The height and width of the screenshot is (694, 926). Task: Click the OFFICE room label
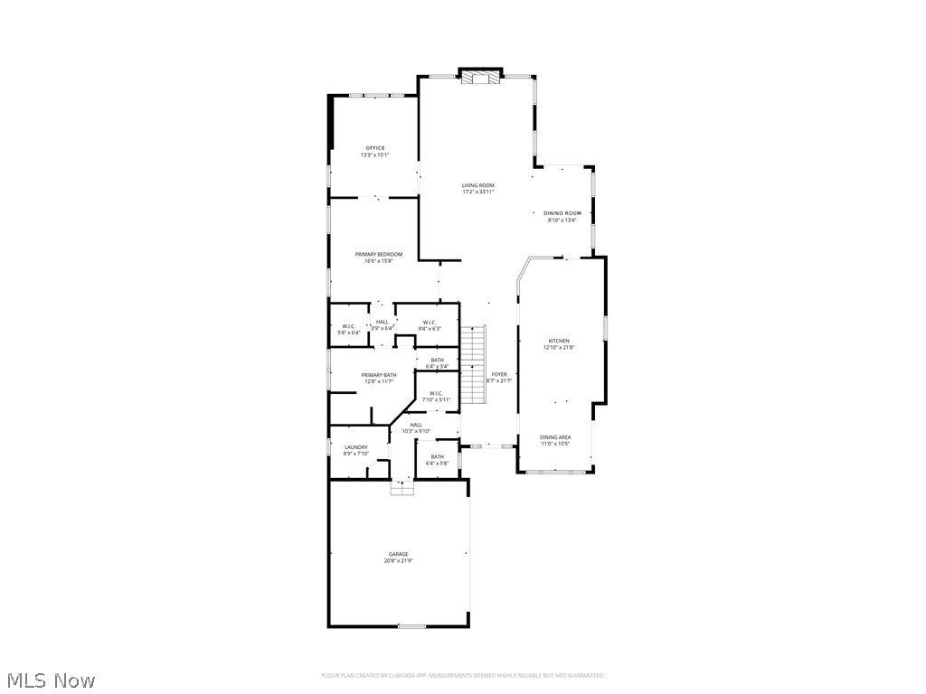[375, 148]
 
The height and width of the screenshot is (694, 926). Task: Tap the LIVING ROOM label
[478, 185]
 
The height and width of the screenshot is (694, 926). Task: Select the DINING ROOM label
[562, 213]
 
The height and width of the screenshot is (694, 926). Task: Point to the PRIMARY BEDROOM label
[378, 255]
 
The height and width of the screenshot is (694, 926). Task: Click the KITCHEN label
[558, 342]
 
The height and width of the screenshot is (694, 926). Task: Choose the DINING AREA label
[555, 437]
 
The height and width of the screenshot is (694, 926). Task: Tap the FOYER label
[499, 374]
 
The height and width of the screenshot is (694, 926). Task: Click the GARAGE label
[399, 554]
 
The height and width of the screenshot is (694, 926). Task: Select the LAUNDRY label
[356, 447]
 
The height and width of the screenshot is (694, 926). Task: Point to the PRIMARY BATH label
[379, 375]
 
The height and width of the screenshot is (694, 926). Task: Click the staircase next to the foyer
[475, 366]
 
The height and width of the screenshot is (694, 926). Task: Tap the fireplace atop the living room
[480, 79]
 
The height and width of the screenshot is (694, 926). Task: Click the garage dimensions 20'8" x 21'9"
[399, 561]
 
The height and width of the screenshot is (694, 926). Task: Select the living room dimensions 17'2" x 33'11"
[478, 192]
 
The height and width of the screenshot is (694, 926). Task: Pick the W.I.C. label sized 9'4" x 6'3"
[430, 323]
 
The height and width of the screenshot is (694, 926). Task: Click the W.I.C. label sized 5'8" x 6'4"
[349, 326]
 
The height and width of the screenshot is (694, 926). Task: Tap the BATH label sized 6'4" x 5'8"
[438, 456]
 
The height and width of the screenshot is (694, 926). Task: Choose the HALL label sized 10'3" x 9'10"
[416, 425]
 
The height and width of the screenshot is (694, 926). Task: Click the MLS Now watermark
[50, 680]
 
